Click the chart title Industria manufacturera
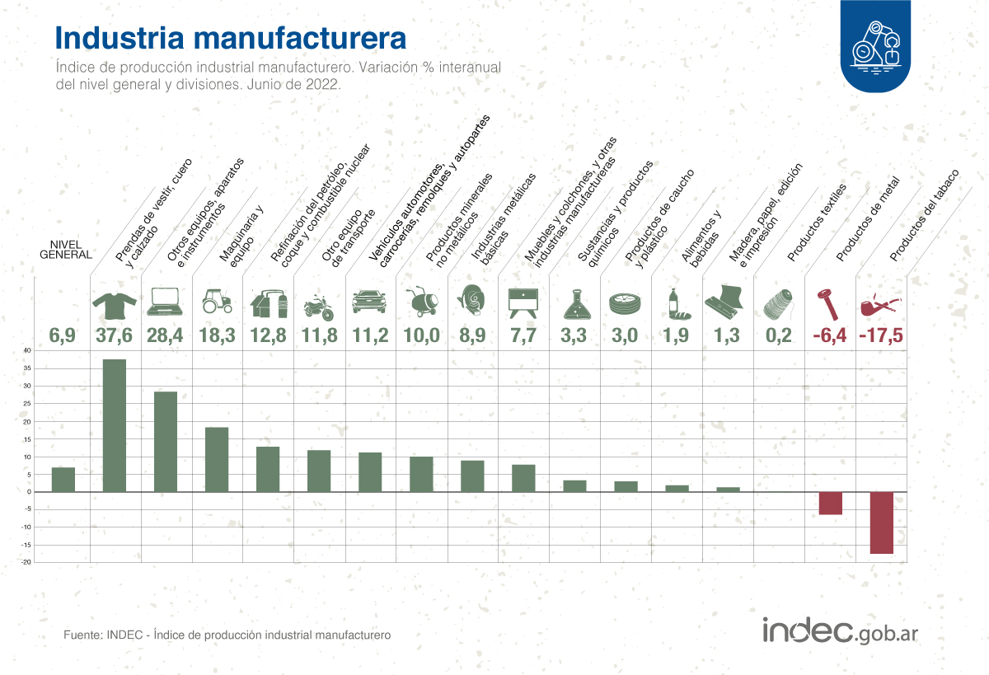coord(230,38)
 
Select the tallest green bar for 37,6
coord(115,425)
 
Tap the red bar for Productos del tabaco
coord(881,523)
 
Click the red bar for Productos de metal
coord(830,503)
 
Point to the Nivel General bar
coord(63,480)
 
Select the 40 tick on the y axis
coord(26,351)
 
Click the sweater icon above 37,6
coord(115,304)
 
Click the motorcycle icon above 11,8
coord(318,307)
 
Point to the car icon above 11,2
coord(369,302)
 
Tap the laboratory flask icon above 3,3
coord(574,304)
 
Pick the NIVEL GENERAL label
coord(65,250)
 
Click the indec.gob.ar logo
coord(840,631)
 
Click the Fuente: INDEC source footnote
coord(227,635)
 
